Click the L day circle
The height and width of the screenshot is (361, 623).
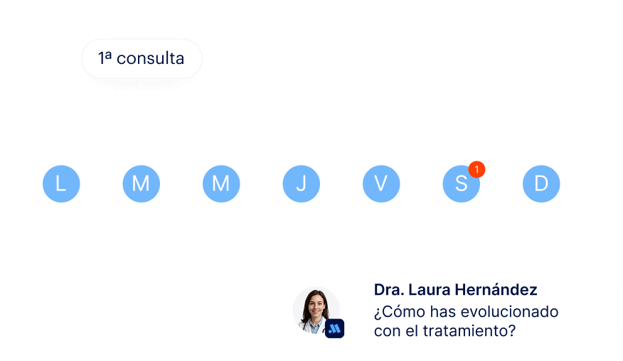coord(61,184)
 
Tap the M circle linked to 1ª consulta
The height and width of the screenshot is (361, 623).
coord(141,184)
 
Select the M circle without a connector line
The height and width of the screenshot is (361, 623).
coord(221,184)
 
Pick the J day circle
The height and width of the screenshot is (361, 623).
coord(301,184)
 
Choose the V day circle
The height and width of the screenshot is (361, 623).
coord(381,184)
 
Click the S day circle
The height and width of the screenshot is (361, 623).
coord(460,185)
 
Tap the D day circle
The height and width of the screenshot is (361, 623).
coord(541,184)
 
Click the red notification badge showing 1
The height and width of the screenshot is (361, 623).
coord(477,169)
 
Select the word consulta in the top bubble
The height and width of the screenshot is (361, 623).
coord(150,58)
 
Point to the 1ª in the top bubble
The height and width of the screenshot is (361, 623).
coord(105,58)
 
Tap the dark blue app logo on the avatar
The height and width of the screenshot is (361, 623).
coord(334,328)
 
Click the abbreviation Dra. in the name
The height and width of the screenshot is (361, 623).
coord(388,290)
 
